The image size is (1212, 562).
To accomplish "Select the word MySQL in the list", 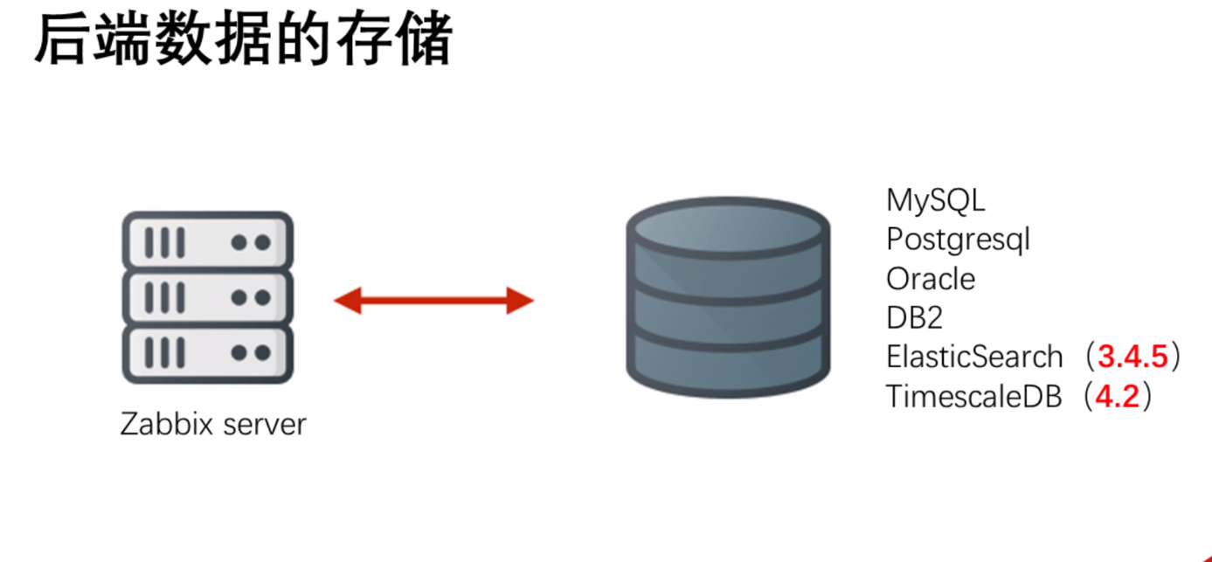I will click(x=935, y=200).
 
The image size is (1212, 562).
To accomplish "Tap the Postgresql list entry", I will click(x=958, y=239).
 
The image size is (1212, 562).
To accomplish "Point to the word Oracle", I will click(x=930, y=279).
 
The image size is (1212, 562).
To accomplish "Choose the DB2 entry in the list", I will click(x=914, y=317).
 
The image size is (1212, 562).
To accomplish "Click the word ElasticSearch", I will click(x=973, y=357).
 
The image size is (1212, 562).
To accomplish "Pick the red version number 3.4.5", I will click(x=1133, y=357).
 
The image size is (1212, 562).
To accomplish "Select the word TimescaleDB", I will click(x=973, y=396).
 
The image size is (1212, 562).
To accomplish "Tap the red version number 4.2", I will click(x=1118, y=396).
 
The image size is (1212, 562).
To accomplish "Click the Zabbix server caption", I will click(x=214, y=425).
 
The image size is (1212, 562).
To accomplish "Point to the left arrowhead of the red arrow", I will click(x=348, y=302).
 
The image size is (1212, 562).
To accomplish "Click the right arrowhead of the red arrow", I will click(x=520, y=302).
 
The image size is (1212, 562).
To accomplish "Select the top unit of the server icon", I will click(x=207, y=241).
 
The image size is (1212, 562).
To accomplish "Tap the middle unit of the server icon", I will click(x=207, y=297).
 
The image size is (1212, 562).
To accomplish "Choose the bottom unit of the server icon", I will click(x=207, y=353).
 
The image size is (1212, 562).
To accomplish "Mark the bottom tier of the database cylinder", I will click(x=726, y=363).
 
